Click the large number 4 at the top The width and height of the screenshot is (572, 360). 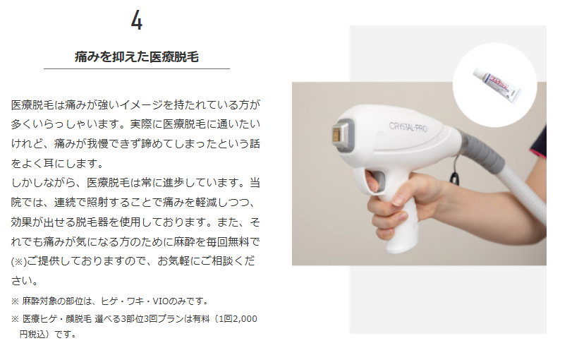[x=137, y=20]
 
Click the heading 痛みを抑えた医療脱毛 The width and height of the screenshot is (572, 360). [x=137, y=57]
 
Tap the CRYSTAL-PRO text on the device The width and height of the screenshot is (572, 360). [x=408, y=126]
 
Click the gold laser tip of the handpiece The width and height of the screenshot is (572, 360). [x=339, y=133]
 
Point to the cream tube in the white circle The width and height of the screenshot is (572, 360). [x=497, y=85]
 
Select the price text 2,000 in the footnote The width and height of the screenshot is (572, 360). [x=245, y=319]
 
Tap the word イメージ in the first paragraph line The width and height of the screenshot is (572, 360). [x=141, y=104]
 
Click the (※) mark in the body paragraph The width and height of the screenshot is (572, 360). [x=19, y=261]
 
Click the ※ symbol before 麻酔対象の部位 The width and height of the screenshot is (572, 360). [x=15, y=301]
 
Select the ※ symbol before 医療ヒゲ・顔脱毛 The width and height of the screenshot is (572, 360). [x=15, y=319]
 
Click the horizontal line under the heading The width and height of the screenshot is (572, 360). [x=137, y=68]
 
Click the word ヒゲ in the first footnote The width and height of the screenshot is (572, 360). [x=109, y=301]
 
